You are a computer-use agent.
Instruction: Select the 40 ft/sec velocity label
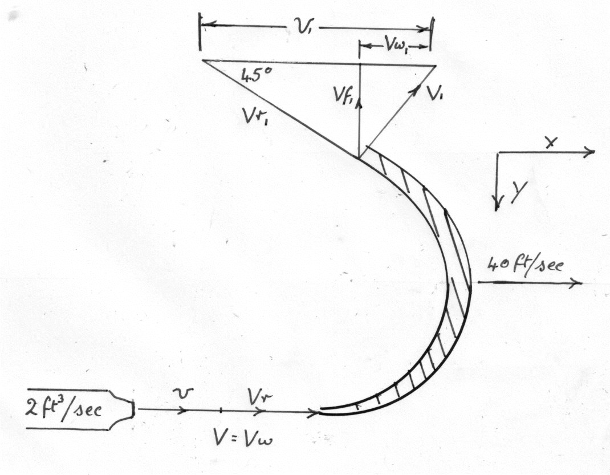click(x=524, y=266)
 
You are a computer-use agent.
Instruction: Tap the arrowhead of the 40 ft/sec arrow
click(x=579, y=283)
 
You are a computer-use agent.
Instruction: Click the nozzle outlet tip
click(x=135, y=409)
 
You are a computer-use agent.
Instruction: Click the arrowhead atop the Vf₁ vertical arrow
click(x=359, y=68)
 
